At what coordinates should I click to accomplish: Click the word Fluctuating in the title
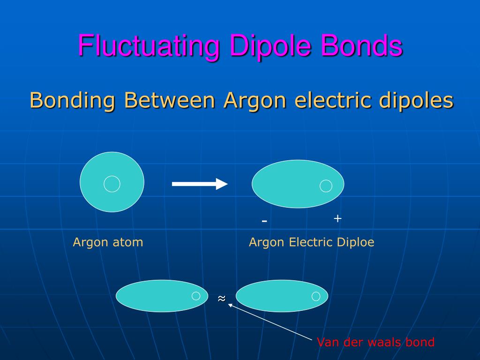(149, 46)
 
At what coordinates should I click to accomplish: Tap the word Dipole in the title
(270, 46)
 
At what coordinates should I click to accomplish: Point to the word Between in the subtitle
(169, 100)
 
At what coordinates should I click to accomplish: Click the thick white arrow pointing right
(200, 184)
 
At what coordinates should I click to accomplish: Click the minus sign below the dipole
(264, 221)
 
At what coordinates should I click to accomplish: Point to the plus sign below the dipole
(337, 218)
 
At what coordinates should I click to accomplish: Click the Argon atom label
(108, 242)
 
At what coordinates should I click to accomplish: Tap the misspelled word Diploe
(355, 242)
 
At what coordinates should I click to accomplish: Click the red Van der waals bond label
(375, 342)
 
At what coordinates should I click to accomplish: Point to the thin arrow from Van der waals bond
(270, 322)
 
